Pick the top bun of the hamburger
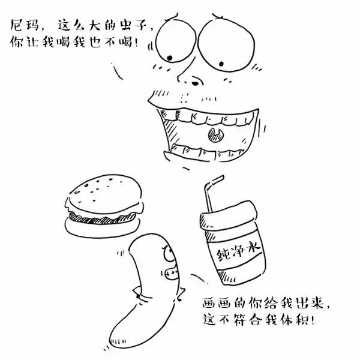(103, 191)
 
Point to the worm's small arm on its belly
(139, 293)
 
